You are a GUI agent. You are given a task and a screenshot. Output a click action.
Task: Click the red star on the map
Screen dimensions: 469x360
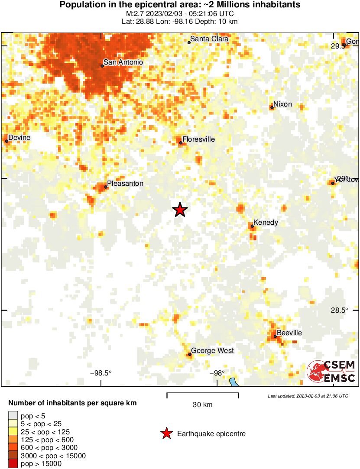tap(180, 210)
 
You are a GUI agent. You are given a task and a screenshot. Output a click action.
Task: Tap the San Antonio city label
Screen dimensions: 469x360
tap(123, 62)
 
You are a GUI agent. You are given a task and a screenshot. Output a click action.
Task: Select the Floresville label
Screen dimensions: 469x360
tap(198, 139)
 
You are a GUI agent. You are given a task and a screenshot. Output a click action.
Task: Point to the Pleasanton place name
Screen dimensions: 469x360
tap(125, 184)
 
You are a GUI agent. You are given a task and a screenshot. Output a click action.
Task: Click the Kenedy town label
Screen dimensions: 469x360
tap(266, 223)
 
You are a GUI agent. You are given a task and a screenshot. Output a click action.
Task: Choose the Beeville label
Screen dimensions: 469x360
tap(289, 333)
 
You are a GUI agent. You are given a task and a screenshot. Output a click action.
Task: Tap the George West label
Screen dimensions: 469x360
tap(212, 351)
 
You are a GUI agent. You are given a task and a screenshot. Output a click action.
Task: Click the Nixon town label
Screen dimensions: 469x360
tap(282, 104)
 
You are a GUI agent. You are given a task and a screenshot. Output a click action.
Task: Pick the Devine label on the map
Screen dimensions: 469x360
tap(19, 138)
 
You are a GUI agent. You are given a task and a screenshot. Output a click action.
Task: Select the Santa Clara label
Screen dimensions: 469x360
tap(209, 39)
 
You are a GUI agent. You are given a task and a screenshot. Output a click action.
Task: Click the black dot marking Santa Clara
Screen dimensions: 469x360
tap(189, 42)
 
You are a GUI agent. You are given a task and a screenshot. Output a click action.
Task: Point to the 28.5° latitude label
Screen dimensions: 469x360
tap(339, 310)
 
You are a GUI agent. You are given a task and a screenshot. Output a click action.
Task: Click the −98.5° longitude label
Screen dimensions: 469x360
tap(101, 373)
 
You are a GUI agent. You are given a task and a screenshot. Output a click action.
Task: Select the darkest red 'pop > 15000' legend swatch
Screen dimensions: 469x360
tap(13, 464)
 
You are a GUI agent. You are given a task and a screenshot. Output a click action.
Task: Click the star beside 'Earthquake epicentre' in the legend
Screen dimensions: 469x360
tap(166, 433)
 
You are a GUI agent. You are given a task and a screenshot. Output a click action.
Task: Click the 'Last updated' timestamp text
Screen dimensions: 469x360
tap(308, 396)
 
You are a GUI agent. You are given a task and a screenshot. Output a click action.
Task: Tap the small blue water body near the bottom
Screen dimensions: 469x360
tap(234, 382)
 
